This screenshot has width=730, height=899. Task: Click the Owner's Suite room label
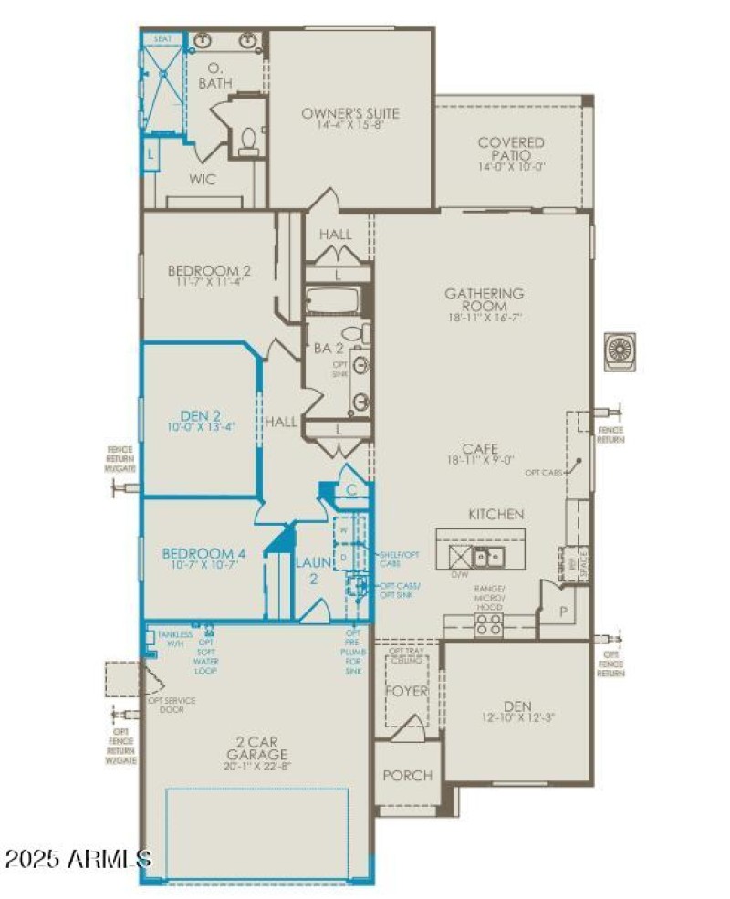tap(351, 114)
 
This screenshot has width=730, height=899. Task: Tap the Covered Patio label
tap(511, 143)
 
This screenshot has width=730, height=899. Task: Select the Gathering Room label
tap(484, 300)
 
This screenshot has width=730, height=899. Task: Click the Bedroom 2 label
tap(209, 271)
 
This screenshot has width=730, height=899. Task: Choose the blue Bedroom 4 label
tap(203, 553)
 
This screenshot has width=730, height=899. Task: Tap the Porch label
tap(407, 776)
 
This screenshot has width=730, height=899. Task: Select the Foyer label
tap(406, 691)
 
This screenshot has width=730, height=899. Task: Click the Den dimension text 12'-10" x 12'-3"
tap(516, 718)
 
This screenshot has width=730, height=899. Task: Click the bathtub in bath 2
tap(334, 300)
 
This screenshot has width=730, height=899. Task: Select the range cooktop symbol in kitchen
tap(488, 624)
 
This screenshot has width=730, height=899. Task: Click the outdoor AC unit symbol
tap(620, 350)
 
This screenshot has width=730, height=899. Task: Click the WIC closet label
tap(203, 180)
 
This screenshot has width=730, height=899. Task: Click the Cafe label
tap(480, 448)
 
